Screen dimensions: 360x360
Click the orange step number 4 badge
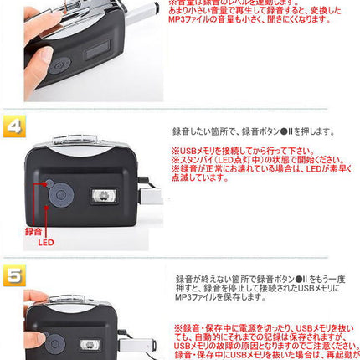pyautogui.click(x=14, y=126)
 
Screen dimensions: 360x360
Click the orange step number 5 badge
pyautogui.click(x=14, y=275)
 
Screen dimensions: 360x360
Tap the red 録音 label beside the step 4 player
pyautogui.click(x=33, y=231)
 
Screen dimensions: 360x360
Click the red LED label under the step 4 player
pyautogui.click(x=46, y=242)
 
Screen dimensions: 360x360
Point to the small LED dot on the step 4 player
pyautogui.click(x=49, y=183)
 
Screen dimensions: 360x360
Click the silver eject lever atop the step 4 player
pyautogui.click(x=79, y=141)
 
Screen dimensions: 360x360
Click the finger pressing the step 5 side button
pyautogui.click(x=38, y=298)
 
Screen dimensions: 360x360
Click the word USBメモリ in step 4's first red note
pyautogui.click(x=193, y=150)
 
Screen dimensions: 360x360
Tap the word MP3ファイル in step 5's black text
pyautogui.click(x=196, y=297)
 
